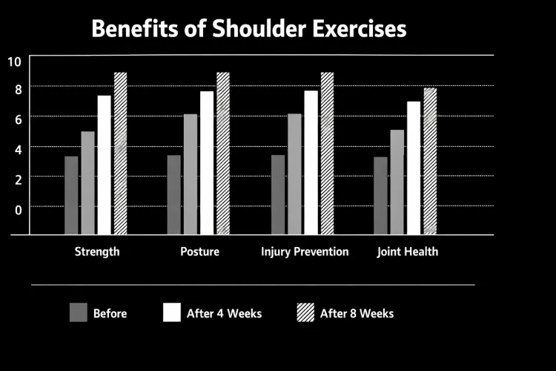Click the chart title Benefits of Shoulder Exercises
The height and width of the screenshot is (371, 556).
pyautogui.click(x=248, y=29)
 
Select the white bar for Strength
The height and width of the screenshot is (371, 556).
pyautogui.click(x=104, y=165)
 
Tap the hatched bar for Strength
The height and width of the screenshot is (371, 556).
pyautogui.click(x=120, y=153)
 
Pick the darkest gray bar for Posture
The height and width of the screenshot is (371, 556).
pyautogui.click(x=174, y=194)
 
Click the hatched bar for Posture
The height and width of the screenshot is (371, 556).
pyautogui.click(x=222, y=153)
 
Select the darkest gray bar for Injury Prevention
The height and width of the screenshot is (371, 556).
pyautogui.click(x=278, y=194)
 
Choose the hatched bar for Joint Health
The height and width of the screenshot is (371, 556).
pyautogui.click(x=430, y=161)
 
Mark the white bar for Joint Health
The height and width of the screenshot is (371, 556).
pyautogui.click(x=414, y=168)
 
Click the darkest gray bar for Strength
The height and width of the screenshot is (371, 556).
pyautogui.click(x=71, y=195)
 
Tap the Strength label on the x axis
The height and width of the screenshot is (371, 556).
pyautogui.click(x=97, y=252)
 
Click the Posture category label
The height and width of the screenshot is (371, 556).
pyautogui.click(x=199, y=252)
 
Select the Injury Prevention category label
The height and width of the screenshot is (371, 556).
pyautogui.click(x=305, y=252)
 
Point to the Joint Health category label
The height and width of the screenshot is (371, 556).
pyautogui.click(x=407, y=252)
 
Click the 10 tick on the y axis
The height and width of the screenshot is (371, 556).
pyautogui.click(x=15, y=61)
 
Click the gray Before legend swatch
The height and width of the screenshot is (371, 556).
pyautogui.click(x=79, y=312)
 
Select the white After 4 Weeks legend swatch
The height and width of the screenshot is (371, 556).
pyautogui.click(x=172, y=312)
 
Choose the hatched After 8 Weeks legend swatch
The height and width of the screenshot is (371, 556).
pyautogui.click(x=305, y=312)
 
